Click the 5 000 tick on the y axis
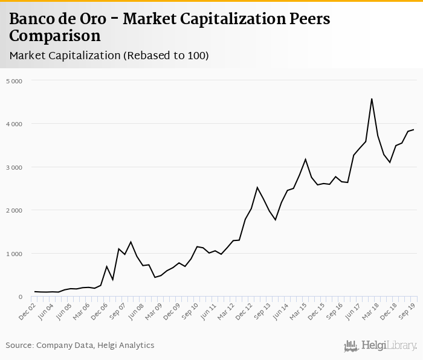(14, 80)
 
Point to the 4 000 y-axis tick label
(14, 124)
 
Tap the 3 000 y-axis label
(14, 167)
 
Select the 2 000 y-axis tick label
(14, 210)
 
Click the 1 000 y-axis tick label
(14, 254)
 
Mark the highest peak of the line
(372, 98)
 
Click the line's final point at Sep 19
(413, 129)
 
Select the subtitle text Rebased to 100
(166, 56)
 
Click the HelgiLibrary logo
(381, 346)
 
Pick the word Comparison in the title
(55, 36)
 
